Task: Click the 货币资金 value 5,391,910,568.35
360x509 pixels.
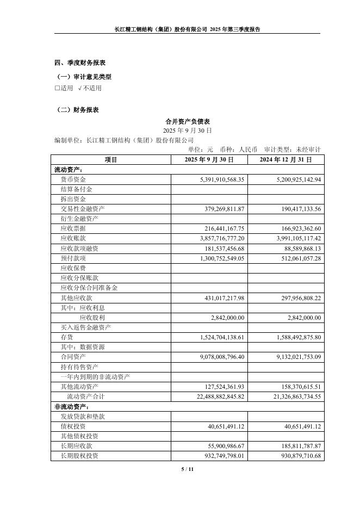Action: click(x=215, y=179)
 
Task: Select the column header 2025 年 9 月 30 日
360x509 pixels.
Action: click(x=209, y=160)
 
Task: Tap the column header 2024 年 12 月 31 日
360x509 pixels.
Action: click(x=286, y=160)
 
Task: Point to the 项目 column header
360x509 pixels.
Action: click(x=111, y=160)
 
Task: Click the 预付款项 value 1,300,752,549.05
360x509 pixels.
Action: click(x=215, y=258)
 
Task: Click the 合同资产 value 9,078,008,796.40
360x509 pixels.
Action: click(x=215, y=357)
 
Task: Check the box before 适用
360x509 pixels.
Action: click(x=57, y=88)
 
